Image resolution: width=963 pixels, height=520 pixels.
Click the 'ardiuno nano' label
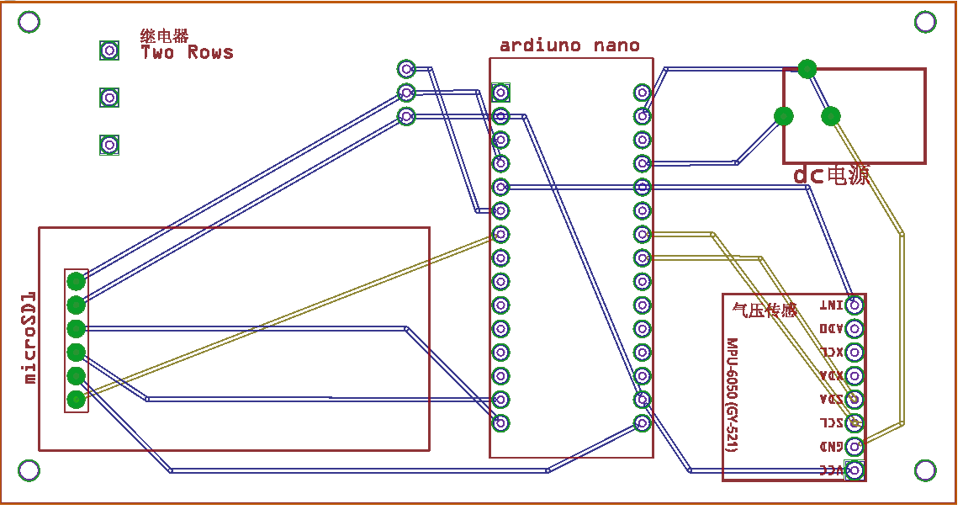click(569, 45)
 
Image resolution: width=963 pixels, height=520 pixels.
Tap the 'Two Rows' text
click(187, 53)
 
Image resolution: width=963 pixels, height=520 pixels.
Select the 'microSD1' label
click(30, 337)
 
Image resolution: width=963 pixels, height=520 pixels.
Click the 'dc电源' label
click(831, 176)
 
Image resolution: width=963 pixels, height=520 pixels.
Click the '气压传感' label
click(765, 310)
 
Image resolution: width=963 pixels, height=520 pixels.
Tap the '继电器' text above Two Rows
click(165, 36)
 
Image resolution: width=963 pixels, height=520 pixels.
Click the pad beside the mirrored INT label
click(855, 305)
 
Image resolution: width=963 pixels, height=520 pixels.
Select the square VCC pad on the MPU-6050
click(855, 470)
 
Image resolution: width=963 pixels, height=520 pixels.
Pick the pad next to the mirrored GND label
click(855, 446)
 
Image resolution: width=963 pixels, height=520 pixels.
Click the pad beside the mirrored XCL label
click(855, 352)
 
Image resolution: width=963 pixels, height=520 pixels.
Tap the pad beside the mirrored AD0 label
click(855, 328)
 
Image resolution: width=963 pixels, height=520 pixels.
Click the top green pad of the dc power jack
click(807, 69)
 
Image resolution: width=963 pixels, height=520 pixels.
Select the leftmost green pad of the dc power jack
click(784, 116)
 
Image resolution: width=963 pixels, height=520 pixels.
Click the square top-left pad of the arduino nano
click(501, 92)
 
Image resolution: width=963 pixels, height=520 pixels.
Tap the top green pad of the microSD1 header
click(77, 281)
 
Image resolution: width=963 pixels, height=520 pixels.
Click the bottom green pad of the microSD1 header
click(77, 399)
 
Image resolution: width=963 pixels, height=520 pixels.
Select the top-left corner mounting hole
click(29, 22)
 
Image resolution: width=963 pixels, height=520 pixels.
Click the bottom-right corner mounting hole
click(926, 470)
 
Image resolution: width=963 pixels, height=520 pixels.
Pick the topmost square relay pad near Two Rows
click(109, 50)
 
